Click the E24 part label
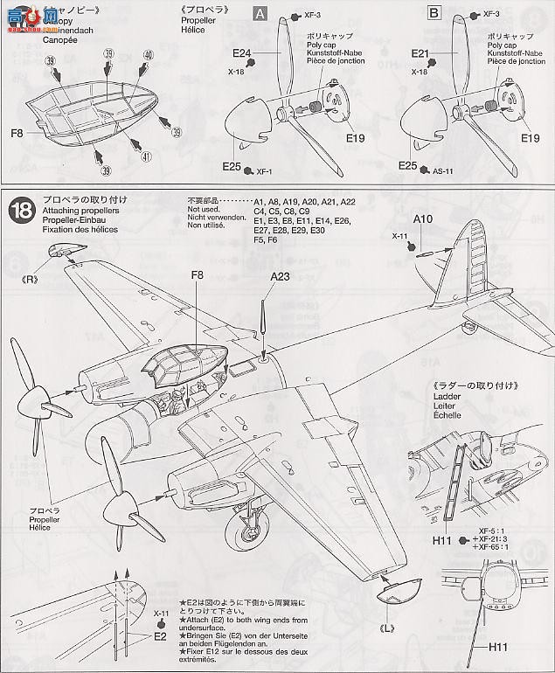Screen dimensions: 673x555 coord(242,52)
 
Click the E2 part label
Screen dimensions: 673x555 coord(159,636)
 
